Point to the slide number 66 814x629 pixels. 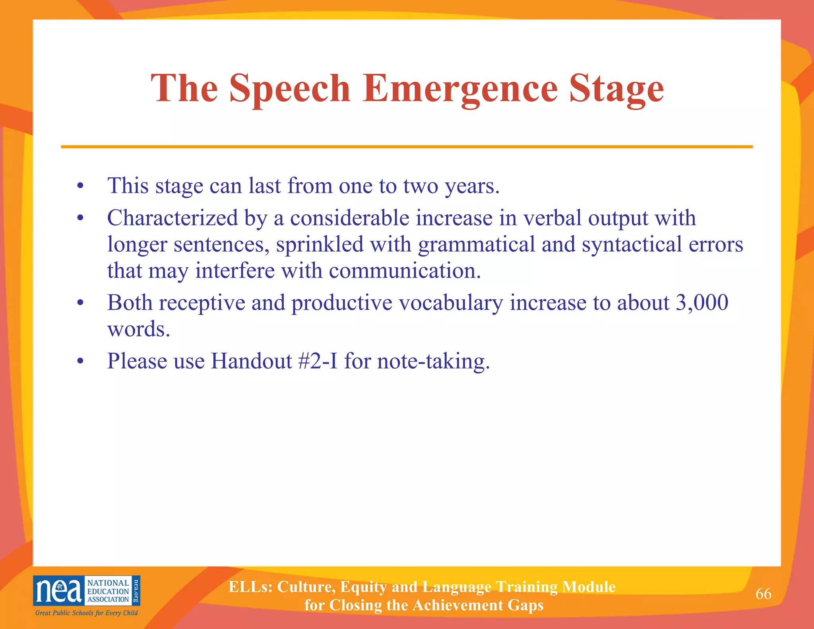pos(763,594)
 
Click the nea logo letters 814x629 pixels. pos(59,591)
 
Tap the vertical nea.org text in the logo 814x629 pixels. pos(136,590)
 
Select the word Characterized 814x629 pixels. pos(172,218)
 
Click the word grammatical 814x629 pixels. pos(476,245)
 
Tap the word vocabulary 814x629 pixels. pos(451,303)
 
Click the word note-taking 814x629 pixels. pos(433,362)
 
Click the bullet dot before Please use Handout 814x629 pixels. pos(81,361)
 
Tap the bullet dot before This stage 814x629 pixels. pos(81,186)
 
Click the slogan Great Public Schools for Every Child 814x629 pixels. pos(86,613)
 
